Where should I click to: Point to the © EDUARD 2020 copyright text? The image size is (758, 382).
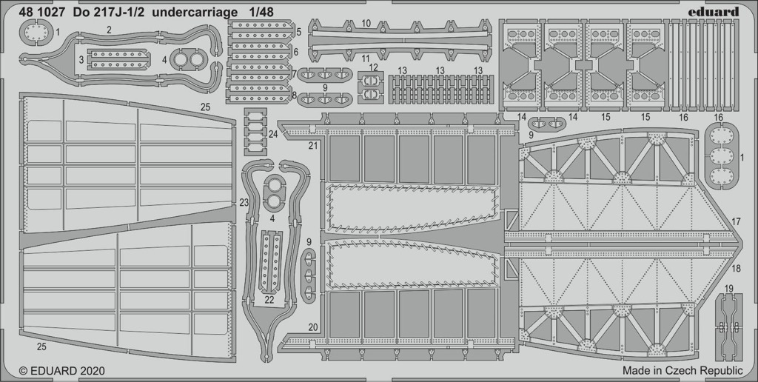click(62, 371)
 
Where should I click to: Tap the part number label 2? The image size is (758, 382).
click(110, 30)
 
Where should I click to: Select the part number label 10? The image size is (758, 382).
click(366, 23)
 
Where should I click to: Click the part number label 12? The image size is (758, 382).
click(373, 67)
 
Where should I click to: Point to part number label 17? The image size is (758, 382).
click(737, 222)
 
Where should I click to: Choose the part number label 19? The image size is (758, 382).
click(729, 289)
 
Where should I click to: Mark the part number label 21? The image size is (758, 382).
click(313, 145)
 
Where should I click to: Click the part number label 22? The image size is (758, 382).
click(269, 300)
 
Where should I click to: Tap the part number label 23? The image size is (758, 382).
click(244, 204)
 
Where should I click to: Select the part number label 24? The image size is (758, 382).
click(272, 135)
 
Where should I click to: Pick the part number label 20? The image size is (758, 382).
click(313, 327)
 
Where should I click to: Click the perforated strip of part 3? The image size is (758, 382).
click(118, 59)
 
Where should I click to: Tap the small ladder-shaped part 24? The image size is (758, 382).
click(255, 131)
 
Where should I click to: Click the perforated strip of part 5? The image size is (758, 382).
click(260, 31)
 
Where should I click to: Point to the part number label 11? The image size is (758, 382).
click(366, 58)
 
